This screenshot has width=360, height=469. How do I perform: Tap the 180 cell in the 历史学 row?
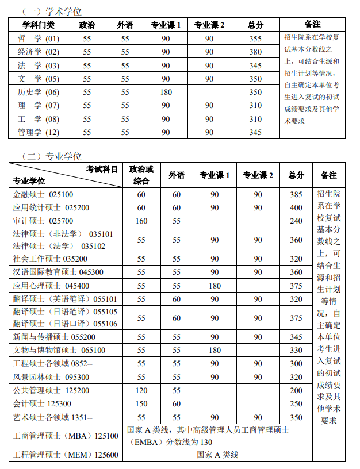pos(166,92)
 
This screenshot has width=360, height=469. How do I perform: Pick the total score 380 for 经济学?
pos(255,52)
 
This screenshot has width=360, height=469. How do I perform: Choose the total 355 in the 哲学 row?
pos(255,39)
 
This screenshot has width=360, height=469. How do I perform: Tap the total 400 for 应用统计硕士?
pos(296,207)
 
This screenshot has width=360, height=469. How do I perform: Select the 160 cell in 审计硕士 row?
pos(141,221)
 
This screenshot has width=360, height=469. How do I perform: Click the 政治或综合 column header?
pos(141,175)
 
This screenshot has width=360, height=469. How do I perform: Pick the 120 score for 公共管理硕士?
pos(141,390)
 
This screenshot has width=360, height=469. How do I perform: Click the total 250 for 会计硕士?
pos(296,403)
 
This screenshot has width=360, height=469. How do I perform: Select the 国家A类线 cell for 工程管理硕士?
pos(217,455)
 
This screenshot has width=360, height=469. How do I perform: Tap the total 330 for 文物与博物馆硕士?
pos(296,350)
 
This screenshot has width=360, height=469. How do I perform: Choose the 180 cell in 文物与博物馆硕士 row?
pos(215,350)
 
